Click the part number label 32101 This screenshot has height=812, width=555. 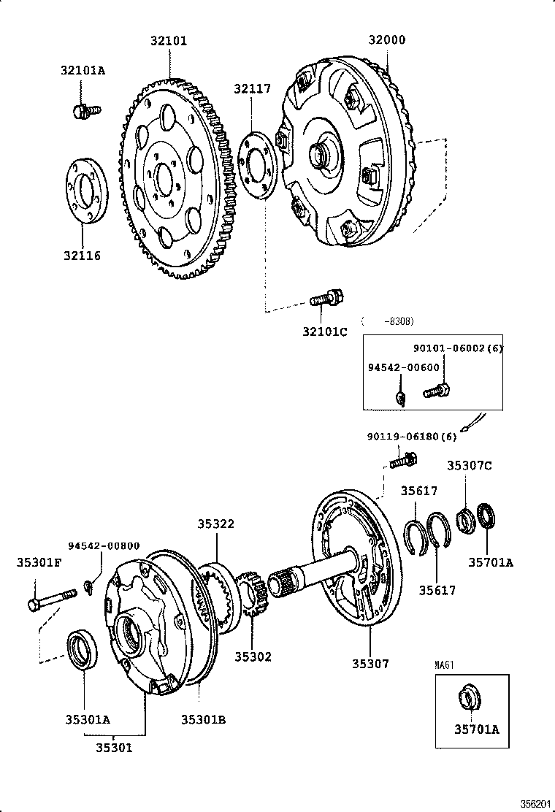click(169, 41)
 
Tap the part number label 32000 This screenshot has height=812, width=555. click(388, 41)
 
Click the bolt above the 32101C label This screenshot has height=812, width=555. click(326, 298)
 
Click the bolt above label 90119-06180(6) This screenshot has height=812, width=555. click(402, 461)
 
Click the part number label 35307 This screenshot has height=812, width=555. click(370, 664)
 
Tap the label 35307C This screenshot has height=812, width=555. click(470, 464)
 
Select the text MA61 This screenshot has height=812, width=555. click(445, 665)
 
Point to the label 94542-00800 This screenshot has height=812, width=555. click(104, 545)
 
